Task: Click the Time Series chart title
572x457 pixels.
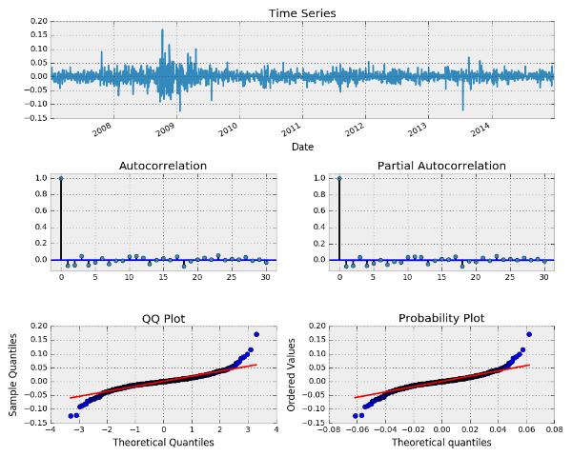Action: pyautogui.click(x=302, y=13)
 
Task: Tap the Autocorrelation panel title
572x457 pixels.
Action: pyautogui.click(x=163, y=166)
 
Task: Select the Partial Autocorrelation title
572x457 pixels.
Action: pyautogui.click(x=441, y=166)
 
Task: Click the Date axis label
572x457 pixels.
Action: pyautogui.click(x=302, y=147)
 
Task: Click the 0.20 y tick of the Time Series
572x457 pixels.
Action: pyautogui.click(x=38, y=20)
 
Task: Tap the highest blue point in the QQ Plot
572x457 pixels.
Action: pyautogui.click(x=256, y=334)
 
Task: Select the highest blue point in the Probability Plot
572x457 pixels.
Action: pyautogui.click(x=528, y=334)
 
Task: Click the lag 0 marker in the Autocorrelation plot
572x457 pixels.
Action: pyautogui.click(x=61, y=178)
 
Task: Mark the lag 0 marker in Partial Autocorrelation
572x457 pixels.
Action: pyautogui.click(x=339, y=178)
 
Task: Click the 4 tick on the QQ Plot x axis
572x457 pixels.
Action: pyautogui.click(x=276, y=430)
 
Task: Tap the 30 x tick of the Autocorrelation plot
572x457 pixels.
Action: pyautogui.click(x=265, y=278)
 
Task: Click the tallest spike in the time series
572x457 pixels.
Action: pyautogui.click(x=163, y=30)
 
